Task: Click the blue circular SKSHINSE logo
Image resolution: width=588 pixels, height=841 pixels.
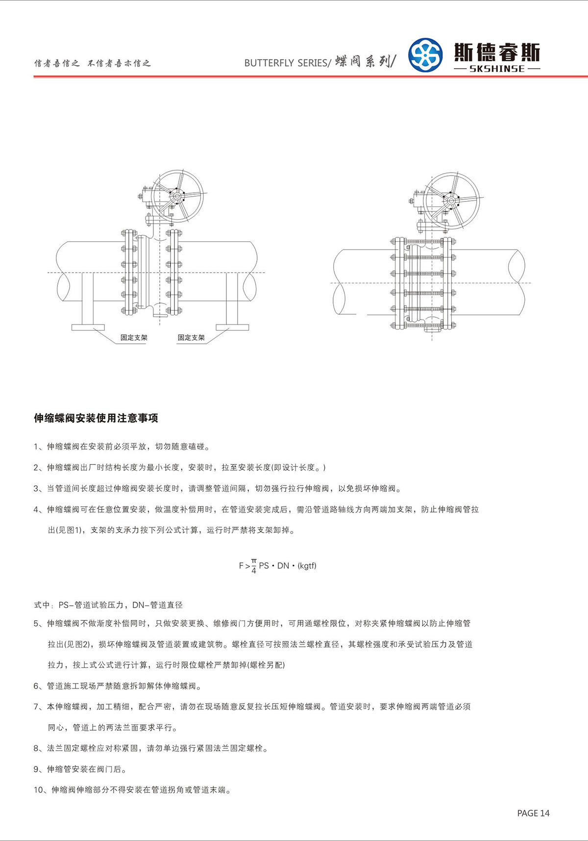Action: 425,55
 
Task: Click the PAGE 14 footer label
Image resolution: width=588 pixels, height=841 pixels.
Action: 533,813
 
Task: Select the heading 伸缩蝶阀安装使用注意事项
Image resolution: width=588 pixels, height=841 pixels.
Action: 96,418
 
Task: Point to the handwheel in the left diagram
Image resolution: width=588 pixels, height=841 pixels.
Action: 177,196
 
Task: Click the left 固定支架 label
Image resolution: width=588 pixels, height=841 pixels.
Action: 134,337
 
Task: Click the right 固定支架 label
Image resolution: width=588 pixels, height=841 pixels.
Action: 191,337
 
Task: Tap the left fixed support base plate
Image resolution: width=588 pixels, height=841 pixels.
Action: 88,327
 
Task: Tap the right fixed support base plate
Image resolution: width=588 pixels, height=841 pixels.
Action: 232,327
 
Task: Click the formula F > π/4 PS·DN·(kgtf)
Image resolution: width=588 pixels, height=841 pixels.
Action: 277,565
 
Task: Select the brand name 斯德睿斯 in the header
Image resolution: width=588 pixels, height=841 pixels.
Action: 497,52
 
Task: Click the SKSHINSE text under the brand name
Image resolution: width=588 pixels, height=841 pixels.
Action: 497,69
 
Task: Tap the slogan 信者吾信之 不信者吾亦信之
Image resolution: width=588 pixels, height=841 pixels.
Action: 92,63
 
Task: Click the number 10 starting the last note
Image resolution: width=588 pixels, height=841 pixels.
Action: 39,790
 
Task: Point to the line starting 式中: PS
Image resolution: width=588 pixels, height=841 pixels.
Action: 108,605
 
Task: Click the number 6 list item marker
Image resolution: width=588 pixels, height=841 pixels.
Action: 36,686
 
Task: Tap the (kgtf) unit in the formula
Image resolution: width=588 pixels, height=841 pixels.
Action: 307,565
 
